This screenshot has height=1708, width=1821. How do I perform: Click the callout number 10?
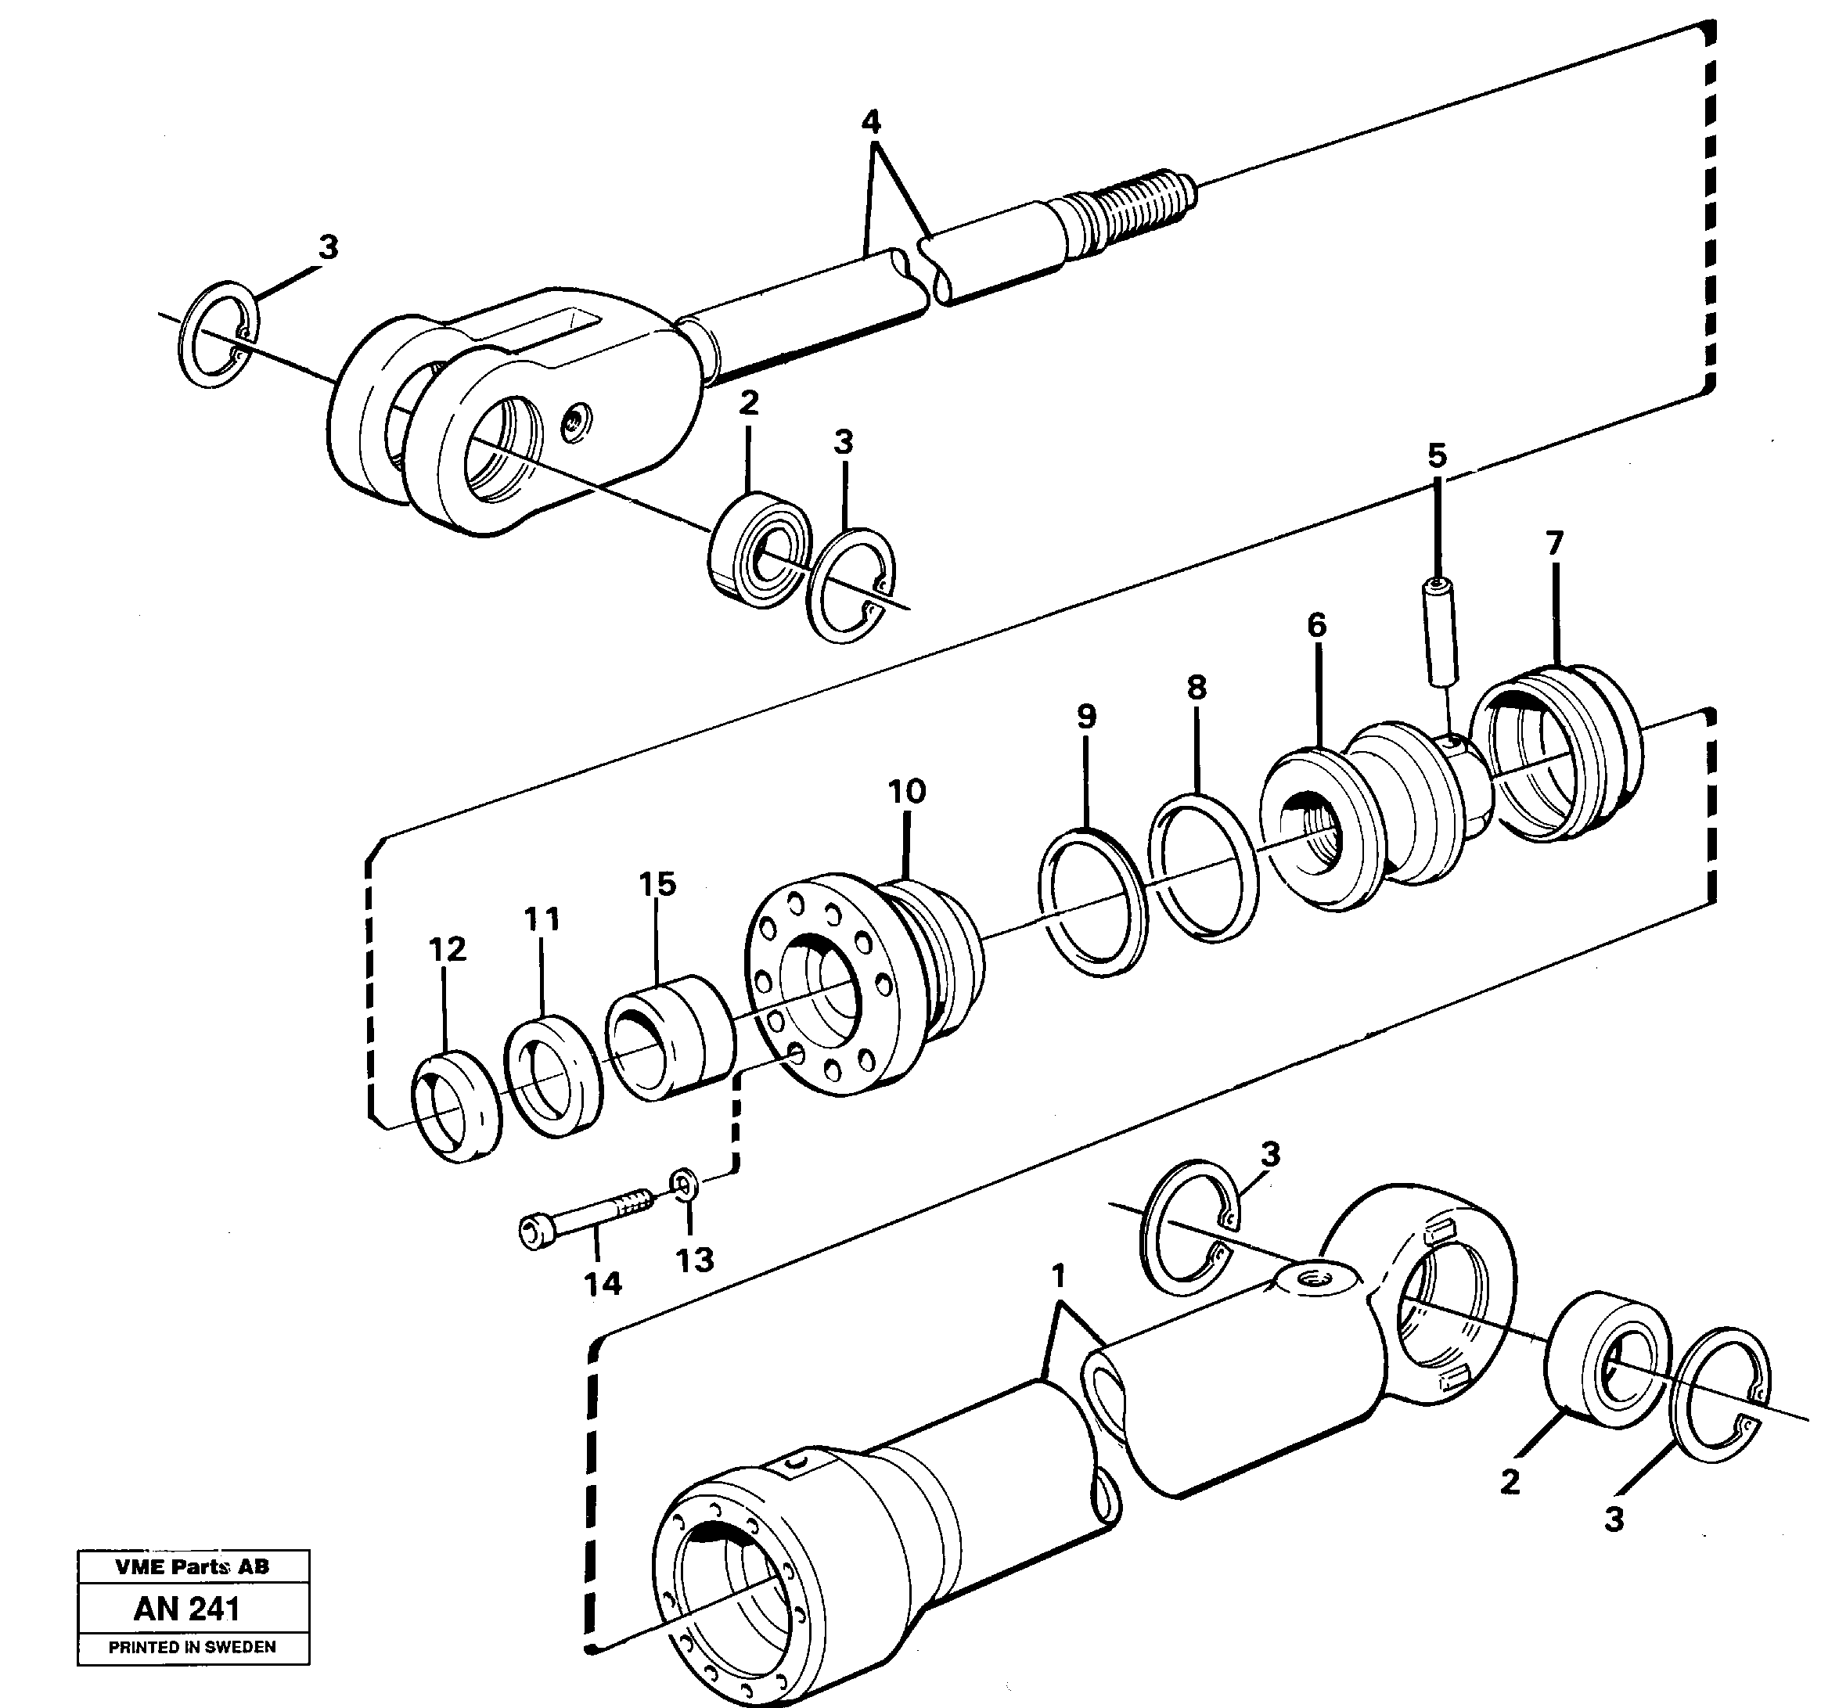click(906, 791)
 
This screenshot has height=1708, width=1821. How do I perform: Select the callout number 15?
click(657, 885)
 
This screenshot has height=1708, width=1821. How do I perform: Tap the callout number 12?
click(447, 950)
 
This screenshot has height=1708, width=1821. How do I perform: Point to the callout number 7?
click(1553, 544)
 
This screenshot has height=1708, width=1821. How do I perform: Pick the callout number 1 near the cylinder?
click(1058, 1276)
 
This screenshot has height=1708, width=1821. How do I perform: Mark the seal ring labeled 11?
click(553, 1077)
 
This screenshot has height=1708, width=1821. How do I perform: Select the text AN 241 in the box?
click(187, 1609)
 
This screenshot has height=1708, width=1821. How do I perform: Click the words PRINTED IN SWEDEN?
click(192, 1647)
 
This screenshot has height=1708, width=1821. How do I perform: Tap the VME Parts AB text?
click(193, 1567)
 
